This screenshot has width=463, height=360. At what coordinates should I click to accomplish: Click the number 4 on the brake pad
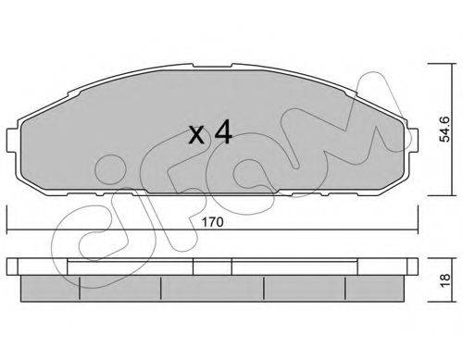[x=223, y=132]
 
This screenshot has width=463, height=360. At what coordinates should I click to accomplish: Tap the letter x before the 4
[x=196, y=135]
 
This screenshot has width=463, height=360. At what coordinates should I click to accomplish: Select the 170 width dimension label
[x=212, y=222]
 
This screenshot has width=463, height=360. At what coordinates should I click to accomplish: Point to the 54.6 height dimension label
[x=444, y=129]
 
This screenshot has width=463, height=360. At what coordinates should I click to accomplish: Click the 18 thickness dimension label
[x=445, y=280]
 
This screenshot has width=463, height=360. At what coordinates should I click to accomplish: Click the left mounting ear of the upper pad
[x=11, y=141]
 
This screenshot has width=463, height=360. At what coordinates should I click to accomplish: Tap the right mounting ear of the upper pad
[x=414, y=141]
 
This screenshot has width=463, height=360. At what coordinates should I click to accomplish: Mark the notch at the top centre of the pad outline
[x=212, y=66]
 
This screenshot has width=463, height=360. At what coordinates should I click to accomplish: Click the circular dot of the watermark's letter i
[x=110, y=169]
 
